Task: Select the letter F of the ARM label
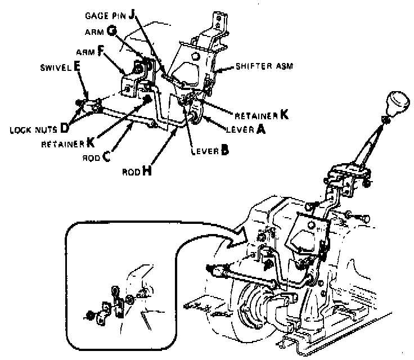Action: tap(101, 51)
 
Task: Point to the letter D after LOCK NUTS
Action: tap(65, 127)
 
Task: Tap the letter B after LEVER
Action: tap(224, 150)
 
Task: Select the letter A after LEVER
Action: tap(261, 129)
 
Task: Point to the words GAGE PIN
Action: tap(107, 15)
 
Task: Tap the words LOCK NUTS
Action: tap(33, 128)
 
